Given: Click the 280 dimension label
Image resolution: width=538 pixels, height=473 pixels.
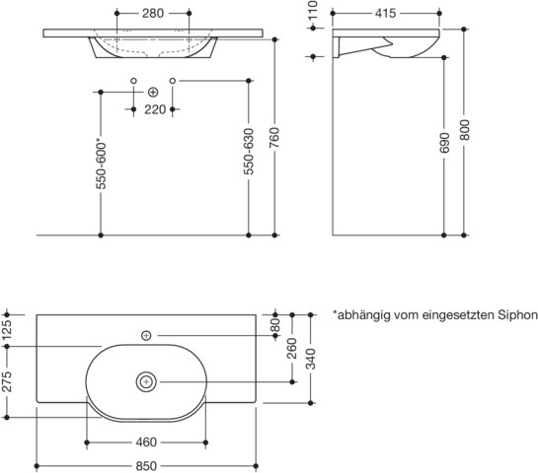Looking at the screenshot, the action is pyautogui.click(x=153, y=14).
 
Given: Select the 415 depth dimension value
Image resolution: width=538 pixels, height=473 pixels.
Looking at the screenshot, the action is pyautogui.click(x=385, y=14).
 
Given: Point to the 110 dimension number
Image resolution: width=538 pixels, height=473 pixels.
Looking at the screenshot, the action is pyautogui.click(x=313, y=10).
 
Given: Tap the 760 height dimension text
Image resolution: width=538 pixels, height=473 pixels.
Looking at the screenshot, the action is pyautogui.click(x=274, y=138).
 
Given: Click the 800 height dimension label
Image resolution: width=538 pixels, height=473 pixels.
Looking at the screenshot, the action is pyautogui.click(x=464, y=130).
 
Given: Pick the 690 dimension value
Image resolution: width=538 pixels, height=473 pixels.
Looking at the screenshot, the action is pyautogui.click(x=444, y=143).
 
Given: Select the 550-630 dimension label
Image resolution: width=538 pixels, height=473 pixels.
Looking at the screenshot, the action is pyautogui.click(x=249, y=152).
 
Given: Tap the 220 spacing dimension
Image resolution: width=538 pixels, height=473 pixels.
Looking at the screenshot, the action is pyautogui.click(x=155, y=109).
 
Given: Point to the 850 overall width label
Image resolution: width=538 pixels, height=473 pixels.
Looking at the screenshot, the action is pyautogui.click(x=146, y=466).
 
